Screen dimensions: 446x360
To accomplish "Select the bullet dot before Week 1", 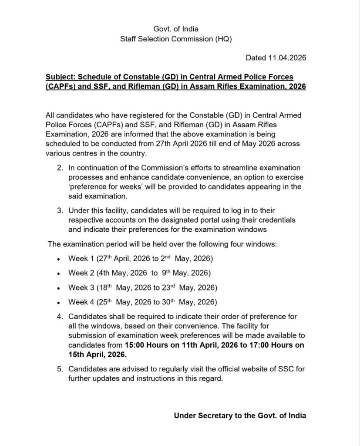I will coord(58,260).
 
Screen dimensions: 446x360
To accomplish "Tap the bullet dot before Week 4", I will coord(58,303).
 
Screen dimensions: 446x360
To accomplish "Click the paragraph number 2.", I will coord(60,168).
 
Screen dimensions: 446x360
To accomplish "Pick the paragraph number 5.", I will coord(60,370).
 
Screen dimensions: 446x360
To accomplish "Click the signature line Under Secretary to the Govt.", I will coord(240,416).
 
